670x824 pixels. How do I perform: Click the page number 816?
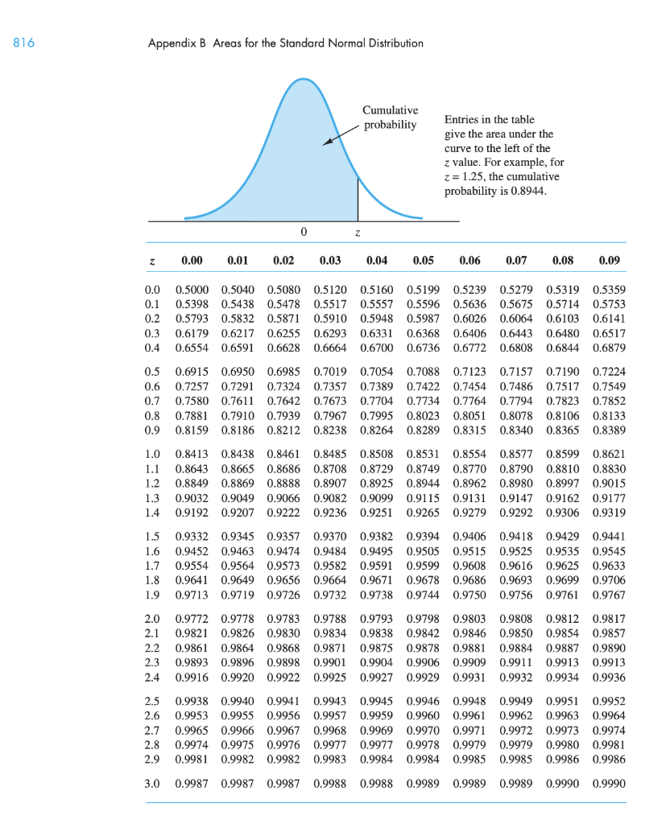(x=23, y=43)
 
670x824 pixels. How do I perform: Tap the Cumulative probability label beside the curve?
(x=391, y=117)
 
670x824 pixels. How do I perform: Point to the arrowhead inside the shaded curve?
(x=327, y=142)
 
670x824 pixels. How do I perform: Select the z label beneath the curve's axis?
(x=358, y=233)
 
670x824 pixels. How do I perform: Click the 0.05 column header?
(x=424, y=260)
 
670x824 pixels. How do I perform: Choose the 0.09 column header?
(x=610, y=260)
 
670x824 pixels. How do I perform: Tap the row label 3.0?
(x=151, y=783)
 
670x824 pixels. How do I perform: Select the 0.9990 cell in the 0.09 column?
(x=608, y=783)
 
